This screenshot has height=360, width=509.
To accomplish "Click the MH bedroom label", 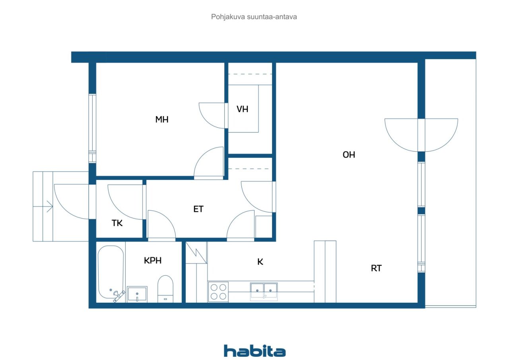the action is pyautogui.click(x=162, y=120).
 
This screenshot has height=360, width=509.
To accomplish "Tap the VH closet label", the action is pyautogui.click(x=242, y=109).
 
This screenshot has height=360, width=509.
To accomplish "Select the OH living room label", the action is pyautogui.click(x=349, y=155).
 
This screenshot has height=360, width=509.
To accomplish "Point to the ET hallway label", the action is pyautogui.click(x=198, y=209).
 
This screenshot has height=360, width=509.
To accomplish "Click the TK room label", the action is pyautogui.click(x=117, y=223).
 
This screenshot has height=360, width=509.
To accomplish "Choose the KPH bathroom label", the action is pyautogui.click(x=153, y=261).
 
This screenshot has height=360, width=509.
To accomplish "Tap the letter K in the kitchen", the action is pyautogui.click(x=260, y=262).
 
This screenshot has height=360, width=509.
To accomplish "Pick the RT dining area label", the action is pyautogui.click(x=376, y=269).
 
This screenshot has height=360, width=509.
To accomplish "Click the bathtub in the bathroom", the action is pyautogui.click(x=111, y=273).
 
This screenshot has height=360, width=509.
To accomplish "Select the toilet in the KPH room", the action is pyautogui.click(x=165, y=289).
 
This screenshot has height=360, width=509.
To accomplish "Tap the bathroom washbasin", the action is pyautogui.click(x=137, y=294).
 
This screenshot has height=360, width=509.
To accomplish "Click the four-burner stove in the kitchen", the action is pyautogui.click(x=218, y=292).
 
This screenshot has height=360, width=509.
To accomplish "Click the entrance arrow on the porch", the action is pyautogui.click(x=43, y=206).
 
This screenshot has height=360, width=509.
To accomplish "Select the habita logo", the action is pyautogui.click(x=255, y=351).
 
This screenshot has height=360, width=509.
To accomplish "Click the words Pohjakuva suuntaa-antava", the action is pyautogui.click(x=254, y=17).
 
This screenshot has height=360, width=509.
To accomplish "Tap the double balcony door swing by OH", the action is pyautogui.click(x=421, y=135).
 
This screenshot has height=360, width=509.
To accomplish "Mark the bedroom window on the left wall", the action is pyautogui.click(x=92, y=128).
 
